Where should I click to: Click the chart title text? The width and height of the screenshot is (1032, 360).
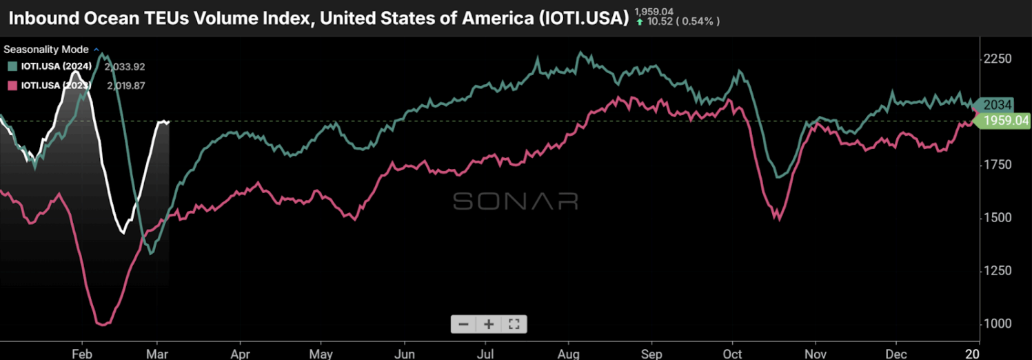[x=318, y=17]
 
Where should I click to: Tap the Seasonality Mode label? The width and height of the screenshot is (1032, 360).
[x=46, y=50]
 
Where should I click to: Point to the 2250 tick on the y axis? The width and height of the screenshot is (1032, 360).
[x=998, y=59]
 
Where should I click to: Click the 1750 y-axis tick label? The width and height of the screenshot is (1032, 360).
[x=998, y=165]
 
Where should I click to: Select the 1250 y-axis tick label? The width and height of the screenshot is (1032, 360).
[x=998, y=270]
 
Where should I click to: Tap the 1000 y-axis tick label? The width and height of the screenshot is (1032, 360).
[x=998, y=323]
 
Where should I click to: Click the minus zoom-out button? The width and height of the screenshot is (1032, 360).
[x=463, y=323]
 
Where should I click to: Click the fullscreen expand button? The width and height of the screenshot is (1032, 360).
[x=514, y=323]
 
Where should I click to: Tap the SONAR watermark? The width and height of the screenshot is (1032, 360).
[x=515, y=201]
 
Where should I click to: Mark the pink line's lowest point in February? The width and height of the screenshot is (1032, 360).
[x=103, y=323]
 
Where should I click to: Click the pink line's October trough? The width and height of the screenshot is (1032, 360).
[x=778, y=219]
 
